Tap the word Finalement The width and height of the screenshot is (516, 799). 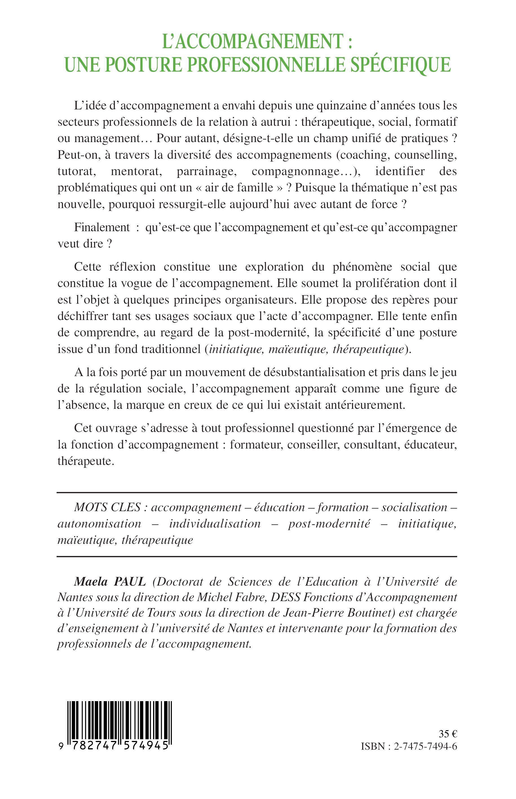102,227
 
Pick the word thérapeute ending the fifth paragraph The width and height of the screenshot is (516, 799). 86,461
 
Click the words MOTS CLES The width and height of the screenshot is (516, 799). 107,507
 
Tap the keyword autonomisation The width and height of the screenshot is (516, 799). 99,524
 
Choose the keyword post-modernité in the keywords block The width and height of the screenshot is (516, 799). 329,524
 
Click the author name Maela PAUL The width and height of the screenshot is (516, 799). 110,582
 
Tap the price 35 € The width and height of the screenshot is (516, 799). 448,734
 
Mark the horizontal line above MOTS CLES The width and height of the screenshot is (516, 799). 257,493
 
